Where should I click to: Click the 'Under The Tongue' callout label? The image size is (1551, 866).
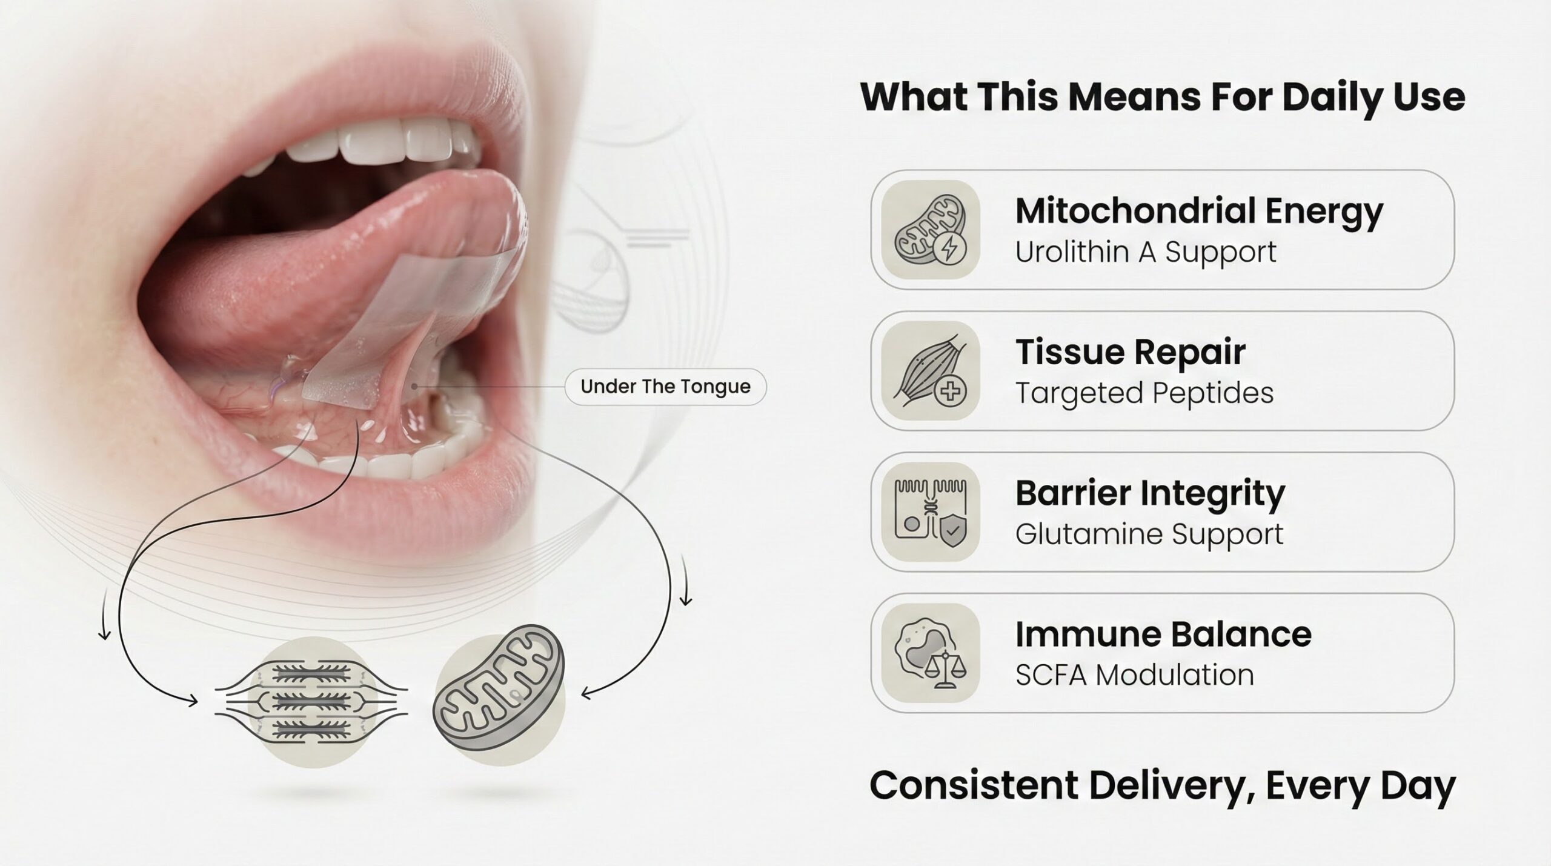[665, 387]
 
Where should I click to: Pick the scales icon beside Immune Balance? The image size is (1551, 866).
[944, 670]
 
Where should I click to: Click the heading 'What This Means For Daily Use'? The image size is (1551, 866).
[1163, 97]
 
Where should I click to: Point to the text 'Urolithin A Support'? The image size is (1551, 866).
[1146, 252]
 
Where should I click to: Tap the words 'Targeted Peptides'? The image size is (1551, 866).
[1144, 393]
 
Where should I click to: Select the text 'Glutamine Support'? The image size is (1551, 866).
[1149, 535]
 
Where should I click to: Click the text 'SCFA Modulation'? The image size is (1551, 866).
[1134, 675]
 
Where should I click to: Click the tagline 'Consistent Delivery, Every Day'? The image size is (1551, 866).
[1163, 786]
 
